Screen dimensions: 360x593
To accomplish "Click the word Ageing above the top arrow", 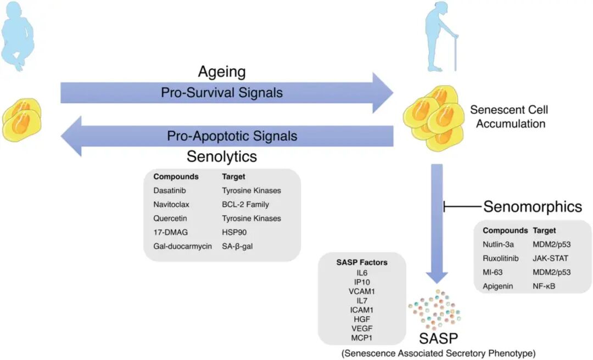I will [x=222, y=72].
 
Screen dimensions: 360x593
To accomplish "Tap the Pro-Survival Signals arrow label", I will [x=222, y=93].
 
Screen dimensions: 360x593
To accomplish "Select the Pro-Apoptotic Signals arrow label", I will [x=232, y=136].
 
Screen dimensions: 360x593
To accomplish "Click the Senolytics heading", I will [x=222, y=156].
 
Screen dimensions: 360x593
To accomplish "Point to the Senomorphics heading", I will [x=532, y=206].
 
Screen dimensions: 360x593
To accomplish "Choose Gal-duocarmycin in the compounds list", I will [x=182, y=246].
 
